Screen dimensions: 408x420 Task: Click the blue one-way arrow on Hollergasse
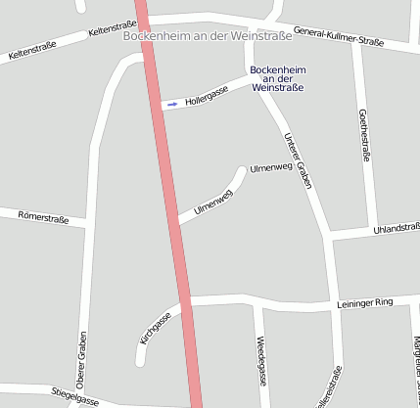(172, 103)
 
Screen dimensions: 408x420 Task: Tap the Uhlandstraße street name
(396, 229)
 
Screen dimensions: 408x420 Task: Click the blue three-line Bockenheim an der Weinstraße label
(277, 78)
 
